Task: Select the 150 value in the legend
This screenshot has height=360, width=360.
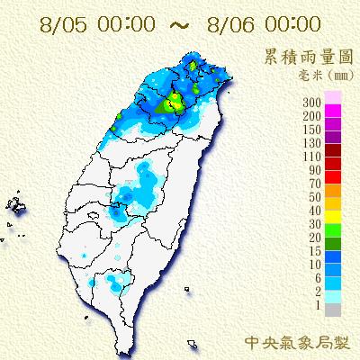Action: [x=312, y=130]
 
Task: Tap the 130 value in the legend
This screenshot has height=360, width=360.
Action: [x=312, y=143]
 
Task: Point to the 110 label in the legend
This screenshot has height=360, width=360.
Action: [x=312, y=157]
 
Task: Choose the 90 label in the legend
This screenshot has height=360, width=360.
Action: [x=315, y=169]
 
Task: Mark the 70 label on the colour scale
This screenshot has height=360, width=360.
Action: [x=315, y=183]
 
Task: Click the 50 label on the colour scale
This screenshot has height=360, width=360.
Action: [x=315, y=195]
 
